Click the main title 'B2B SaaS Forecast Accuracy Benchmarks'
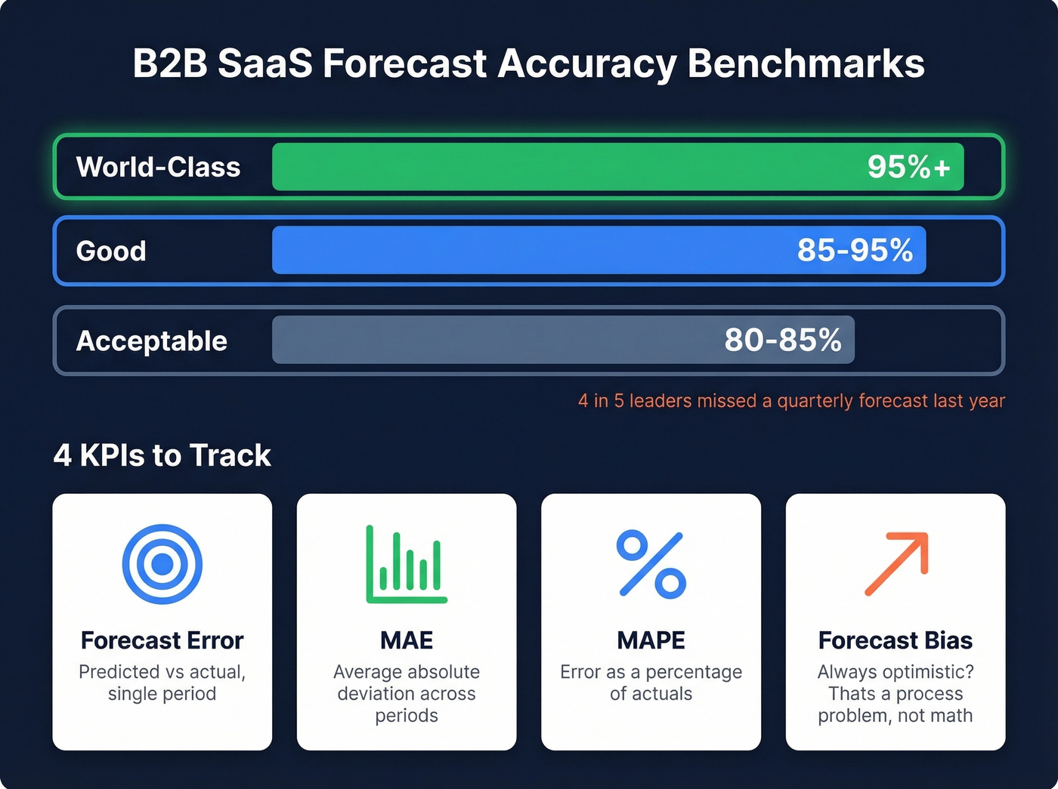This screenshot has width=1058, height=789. tap(528, 63)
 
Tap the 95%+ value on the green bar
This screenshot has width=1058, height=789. tap(908, 167)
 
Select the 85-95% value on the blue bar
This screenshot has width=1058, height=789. tap(855, 250)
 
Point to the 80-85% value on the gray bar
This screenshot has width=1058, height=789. tap(783, 340)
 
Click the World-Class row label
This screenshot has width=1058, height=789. tap(158, 167)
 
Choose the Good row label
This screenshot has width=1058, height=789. tap(111, 251)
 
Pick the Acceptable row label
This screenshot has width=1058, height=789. tap(151, 341)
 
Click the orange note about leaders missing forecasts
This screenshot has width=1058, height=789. tap(791, 401)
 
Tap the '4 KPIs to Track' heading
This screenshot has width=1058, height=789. tap(162, 455)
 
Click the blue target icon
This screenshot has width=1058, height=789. tap(162, 564)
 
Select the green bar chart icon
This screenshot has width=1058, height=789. tap(407, 564)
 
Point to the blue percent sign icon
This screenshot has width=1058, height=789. tap(651, 564)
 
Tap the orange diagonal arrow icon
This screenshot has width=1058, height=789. tap(896, 563)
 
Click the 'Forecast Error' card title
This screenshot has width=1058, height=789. tap(162, 640)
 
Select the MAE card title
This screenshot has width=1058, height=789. tap(407, 640)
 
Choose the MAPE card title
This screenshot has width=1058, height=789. tap(651, 640)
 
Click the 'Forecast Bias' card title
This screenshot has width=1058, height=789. tap(896, 640)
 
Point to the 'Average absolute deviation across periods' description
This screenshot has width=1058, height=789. tap(407, 693)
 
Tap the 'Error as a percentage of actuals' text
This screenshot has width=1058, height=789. tap(651, 683)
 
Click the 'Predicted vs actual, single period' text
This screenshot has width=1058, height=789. tap(162, 683)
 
